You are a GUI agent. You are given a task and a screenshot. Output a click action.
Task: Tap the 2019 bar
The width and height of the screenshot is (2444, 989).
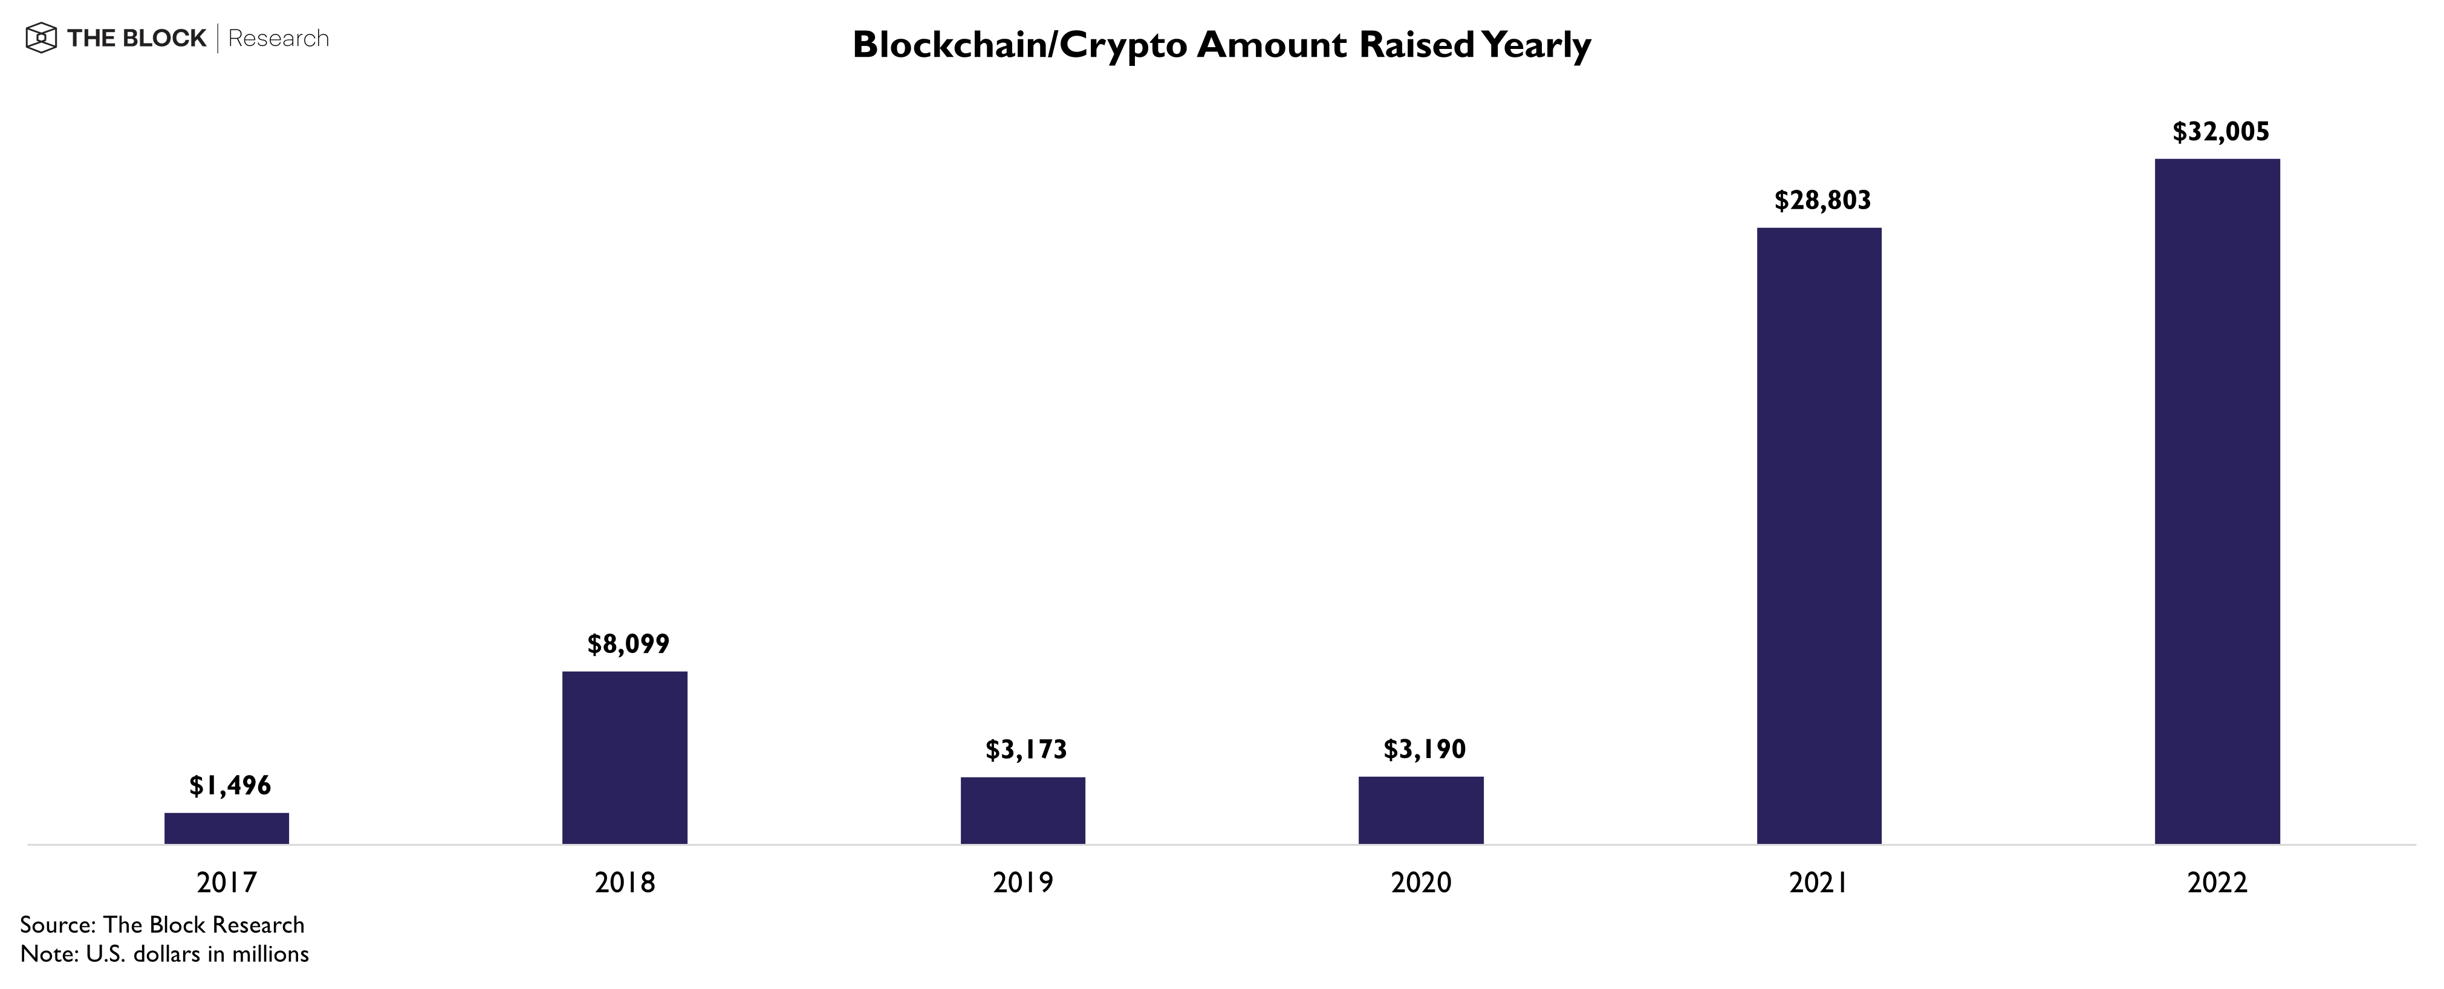click(x=1022, y=811)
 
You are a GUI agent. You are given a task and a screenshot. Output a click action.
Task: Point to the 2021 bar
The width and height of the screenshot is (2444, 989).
click(x=1819, y=536)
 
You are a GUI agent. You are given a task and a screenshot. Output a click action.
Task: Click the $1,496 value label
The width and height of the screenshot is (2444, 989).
click(x=230, y=785)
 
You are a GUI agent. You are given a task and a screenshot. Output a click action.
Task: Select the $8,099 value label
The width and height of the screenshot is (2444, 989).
click(x=628, y=645)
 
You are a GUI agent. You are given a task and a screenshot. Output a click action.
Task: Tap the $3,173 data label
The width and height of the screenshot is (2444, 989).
click(x=1025, y=750)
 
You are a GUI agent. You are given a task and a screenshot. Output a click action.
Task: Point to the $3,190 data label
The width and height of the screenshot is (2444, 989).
click(x=1424, y=750)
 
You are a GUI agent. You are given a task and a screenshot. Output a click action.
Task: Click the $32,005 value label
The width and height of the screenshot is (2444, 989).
click(x=2221, y=132)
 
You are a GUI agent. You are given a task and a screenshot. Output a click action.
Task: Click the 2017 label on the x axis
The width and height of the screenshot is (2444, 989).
click(x=227, y=883)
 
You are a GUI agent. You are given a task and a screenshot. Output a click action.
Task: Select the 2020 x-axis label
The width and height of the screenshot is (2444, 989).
click(x=1422, y=883)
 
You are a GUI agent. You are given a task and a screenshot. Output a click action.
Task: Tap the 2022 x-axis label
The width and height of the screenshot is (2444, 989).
click(x=2217, y=883)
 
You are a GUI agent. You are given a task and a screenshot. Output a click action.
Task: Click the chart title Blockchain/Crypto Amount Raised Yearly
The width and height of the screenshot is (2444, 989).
click(x=1221, y=45)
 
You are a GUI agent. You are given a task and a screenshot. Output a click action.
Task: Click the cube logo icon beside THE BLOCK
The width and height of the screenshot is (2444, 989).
click(x=41, y=39)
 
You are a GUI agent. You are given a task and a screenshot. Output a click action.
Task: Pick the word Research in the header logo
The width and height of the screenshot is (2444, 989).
click(x=279, y=39)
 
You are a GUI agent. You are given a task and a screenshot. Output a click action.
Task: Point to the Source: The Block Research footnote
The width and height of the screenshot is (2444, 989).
click(x=162, y=924)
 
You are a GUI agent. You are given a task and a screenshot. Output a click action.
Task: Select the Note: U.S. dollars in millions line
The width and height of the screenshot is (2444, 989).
click(x=164, y=954)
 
